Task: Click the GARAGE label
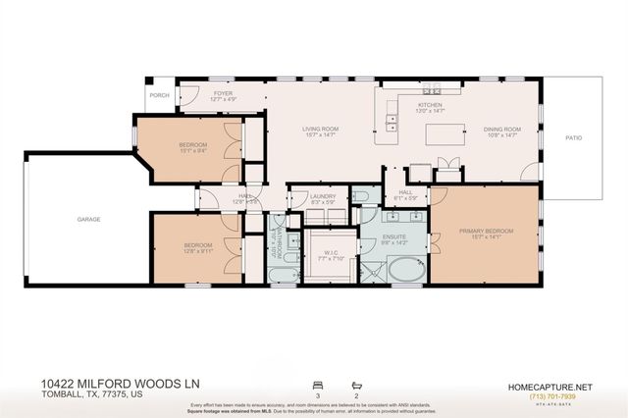click(x=89, y=220)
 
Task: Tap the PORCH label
click(x=158, y=96)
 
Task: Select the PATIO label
click(x=573, y=138)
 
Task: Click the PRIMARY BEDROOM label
click(x=486, y=232)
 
